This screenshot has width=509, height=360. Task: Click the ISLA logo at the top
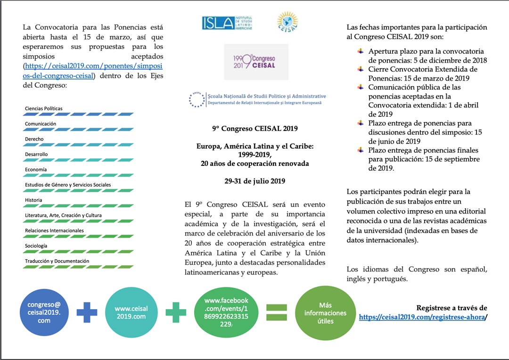[228, 23]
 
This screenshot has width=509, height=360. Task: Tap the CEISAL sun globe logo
[288, 23]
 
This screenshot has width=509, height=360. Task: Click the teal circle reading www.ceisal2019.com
[131, 312]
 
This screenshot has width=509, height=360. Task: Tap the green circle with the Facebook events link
[226, 312]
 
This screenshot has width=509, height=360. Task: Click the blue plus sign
[87, 312]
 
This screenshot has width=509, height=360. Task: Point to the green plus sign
[176, 312]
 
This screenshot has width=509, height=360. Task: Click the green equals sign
[277, 312]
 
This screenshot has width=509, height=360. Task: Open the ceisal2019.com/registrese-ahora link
[422, 317]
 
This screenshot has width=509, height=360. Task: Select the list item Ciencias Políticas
[44, 109]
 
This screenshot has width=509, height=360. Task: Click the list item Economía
[36, 170]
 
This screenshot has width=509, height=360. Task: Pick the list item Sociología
[36, 246]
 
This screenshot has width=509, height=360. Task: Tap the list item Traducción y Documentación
[57, 261]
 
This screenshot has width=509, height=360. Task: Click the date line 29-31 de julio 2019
[255, 181]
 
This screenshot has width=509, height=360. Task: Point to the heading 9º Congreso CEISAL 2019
[255, 128]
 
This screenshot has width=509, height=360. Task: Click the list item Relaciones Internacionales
[54, 231]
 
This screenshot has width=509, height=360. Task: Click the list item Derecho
[34, 139]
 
